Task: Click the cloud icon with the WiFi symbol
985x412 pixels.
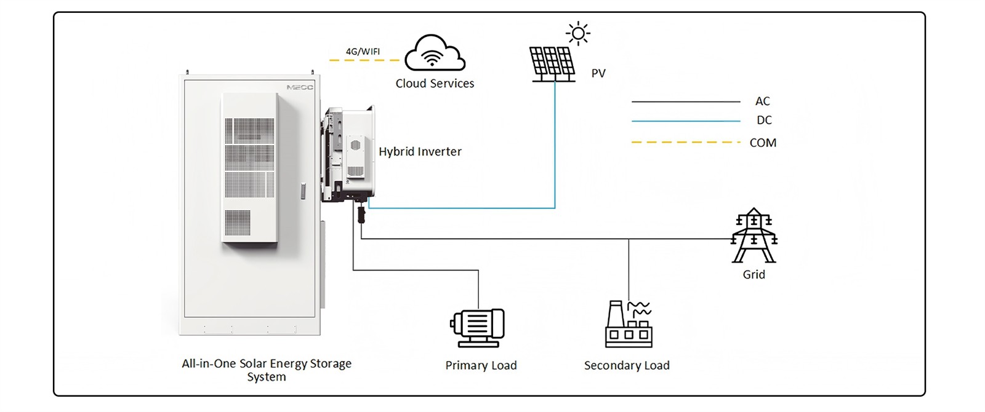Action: pyautogui.click(x=435, y=53)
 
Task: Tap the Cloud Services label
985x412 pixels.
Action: pyautogui.click(x=435, y=84)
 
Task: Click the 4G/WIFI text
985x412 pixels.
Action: pyautogui.click(x=363, y=52)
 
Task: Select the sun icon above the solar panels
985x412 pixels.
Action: pyautogui.click(x=578, y=33)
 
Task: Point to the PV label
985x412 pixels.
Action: pyautogui.click(x=598, y=73)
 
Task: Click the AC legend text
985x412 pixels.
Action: pyautogui.click(x=762, y=101)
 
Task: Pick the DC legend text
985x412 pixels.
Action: pyautogui.click(x=763, y=121)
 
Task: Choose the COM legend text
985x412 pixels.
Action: pyautogui.click(x=763, y=143)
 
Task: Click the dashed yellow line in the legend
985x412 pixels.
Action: pyautogui.click(x=685, y=143)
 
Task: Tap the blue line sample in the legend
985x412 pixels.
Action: pyautogui.click(x=685, y=121)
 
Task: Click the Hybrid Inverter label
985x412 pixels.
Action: pyautogui.click(x=420, y=152)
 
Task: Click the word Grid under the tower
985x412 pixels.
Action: pyautogui.click(x=754, y=275)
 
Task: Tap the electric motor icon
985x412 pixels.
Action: pyautogui.click(x=477, y=327)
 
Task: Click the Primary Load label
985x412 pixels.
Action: pyautogui.click(x=481, y=366)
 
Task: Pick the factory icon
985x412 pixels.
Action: pyautogui.click(x=628, y=324)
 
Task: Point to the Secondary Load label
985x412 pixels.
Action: pyautogui.click(x=627, y=366)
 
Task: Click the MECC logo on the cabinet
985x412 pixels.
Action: pyautogui.click(x=300, y=87)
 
